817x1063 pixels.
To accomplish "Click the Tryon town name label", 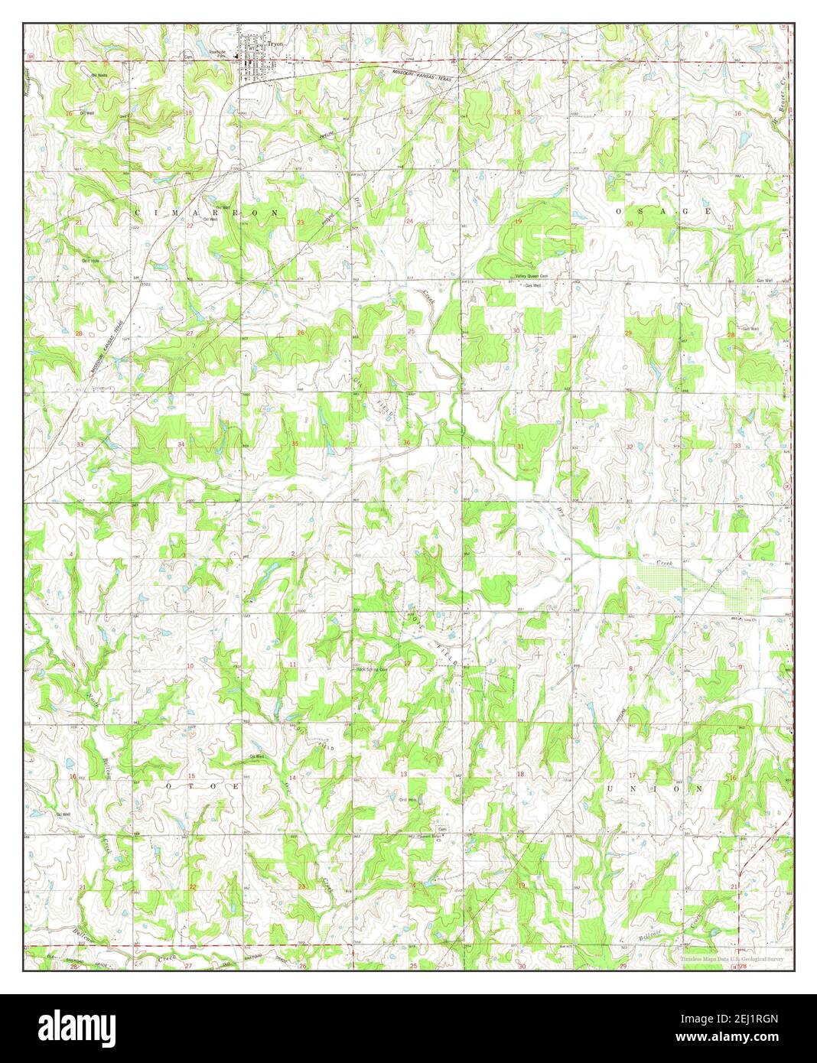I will tap(275, 44).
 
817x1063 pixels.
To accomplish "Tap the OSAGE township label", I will tap(662, 211).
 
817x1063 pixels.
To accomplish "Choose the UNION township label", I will tap(655, 788).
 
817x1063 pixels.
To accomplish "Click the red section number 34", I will tap(181, 444).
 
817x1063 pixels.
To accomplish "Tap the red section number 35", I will tap(295, 444).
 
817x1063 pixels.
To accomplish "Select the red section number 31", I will tap(521, 446).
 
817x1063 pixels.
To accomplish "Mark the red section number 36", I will tap(407, 444).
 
